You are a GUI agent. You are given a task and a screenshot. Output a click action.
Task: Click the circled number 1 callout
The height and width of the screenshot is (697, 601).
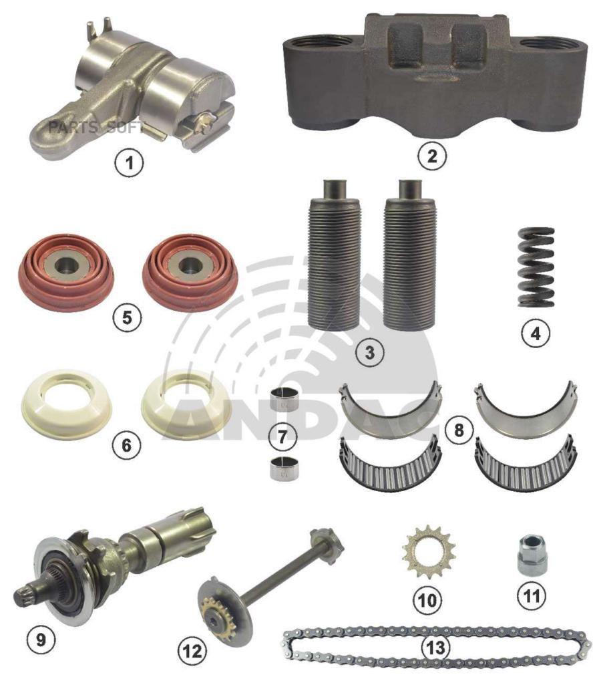[x=130, y=163]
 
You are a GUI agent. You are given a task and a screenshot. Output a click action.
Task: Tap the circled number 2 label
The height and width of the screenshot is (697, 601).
[x=431, y=156]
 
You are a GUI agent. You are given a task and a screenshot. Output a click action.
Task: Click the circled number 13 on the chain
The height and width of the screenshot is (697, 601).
[x=435, y=647]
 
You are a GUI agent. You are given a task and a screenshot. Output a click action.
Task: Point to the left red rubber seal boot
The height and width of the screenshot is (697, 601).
[x=67, y=271]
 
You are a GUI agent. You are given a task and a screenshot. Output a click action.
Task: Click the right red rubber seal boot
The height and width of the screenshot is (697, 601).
[x=191, y=271]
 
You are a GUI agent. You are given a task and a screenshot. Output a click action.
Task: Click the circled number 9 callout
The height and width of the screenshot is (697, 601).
[x=41, y=640]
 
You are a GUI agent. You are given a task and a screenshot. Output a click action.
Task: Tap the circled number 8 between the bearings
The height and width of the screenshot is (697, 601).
[x=458, y=430]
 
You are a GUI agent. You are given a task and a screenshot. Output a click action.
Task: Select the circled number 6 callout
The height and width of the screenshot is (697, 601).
[x=127, y=444]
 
